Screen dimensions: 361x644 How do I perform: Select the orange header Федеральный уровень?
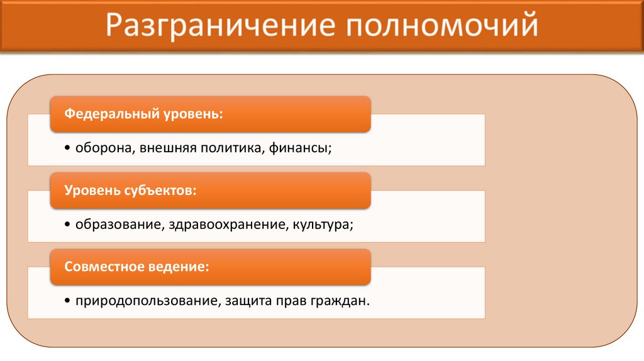coord(210,114)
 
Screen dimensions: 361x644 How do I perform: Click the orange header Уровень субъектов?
coord(210,191)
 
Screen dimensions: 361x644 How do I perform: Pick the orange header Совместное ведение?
coord(210,267)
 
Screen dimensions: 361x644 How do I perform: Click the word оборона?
coord(103,148)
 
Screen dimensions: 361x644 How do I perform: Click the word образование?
coord(119,225)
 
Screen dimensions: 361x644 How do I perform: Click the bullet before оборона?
coord(68,149)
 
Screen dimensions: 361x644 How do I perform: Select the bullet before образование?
coord(68,225)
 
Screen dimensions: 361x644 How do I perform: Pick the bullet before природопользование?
coord(68,301)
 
